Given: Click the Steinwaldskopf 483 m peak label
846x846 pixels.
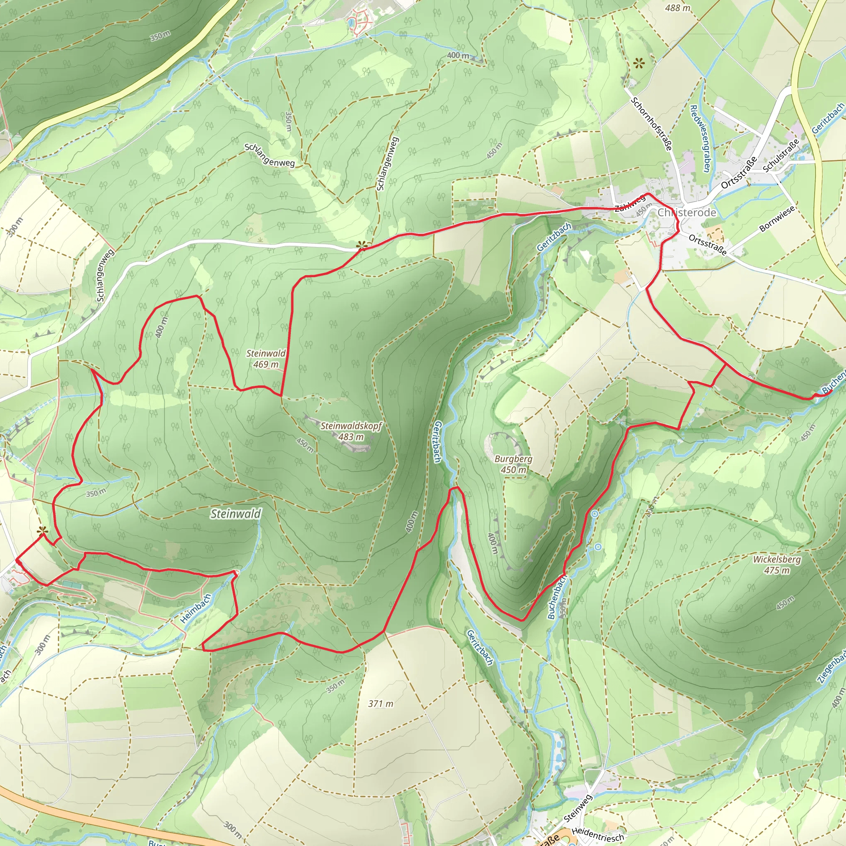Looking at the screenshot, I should pos(351,431).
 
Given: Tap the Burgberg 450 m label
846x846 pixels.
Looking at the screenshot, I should pos(513,464).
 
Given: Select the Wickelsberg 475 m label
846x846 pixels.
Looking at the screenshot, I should pos(777,565).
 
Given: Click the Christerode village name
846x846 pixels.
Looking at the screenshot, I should pos(687,213).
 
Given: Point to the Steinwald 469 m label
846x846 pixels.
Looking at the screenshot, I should pos(266,359).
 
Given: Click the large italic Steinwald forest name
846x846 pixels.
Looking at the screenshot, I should pos(235,513).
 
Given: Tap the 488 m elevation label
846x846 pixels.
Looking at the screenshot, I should pos(677,8).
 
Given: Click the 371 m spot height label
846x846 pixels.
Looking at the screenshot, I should pos(380,703).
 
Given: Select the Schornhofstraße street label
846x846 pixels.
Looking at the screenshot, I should pos(651,124).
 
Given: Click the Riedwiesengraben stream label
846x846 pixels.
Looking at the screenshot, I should pos(700,138).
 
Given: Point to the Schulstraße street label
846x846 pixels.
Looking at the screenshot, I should pos(781,155).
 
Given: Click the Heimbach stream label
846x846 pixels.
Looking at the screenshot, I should pos(196,608).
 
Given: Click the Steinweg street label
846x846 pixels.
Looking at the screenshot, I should pos(578,808).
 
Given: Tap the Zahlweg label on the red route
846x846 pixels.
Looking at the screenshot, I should pos(630,203).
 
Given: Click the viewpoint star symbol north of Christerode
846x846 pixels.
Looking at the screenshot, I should pos(639,64).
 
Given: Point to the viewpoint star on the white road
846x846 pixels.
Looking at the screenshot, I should pos(361,245).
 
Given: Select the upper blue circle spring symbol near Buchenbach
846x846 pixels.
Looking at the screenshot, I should pos(595,514).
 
